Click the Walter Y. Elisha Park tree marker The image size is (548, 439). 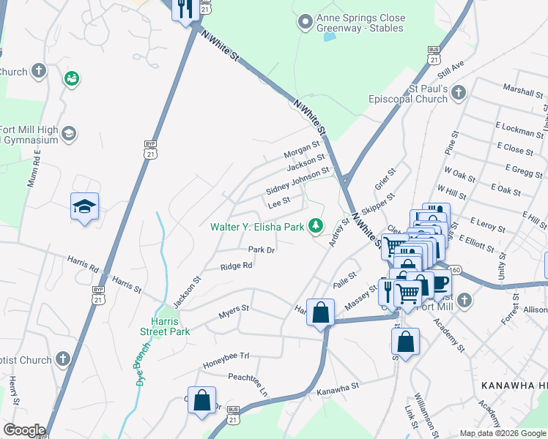316,226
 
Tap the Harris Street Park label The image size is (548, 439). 165,326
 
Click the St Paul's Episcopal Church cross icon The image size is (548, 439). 458,93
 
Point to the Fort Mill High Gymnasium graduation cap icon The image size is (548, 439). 68,133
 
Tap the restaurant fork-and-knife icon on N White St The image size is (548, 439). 185,9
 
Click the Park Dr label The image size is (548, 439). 261,249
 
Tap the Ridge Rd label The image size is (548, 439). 237,266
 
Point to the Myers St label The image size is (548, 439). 234,312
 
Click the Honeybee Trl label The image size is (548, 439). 227,356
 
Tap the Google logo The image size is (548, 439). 24,430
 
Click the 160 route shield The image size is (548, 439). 454,270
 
